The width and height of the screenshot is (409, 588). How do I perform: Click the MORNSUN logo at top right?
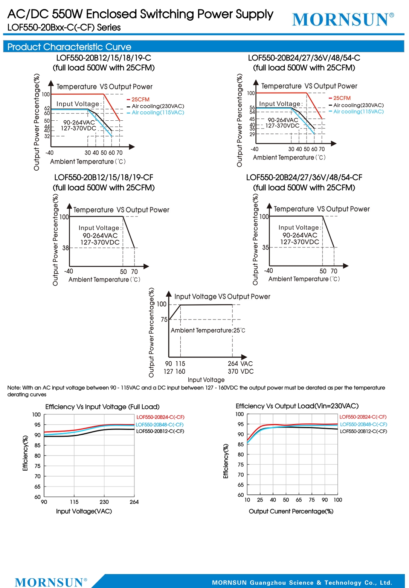(343, 20)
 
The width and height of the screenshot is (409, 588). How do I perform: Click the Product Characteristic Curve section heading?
(69, 47)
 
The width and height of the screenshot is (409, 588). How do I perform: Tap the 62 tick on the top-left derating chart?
(47, 108)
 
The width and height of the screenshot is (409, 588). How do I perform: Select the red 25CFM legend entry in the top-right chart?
(340, 98)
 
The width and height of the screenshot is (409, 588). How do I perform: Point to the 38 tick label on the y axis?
(65, 248)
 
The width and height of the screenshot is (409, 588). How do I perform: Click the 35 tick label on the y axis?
(266, 247)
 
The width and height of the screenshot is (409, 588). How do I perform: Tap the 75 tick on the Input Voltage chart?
(164, 320)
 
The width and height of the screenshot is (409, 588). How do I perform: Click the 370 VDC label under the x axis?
(241, 371)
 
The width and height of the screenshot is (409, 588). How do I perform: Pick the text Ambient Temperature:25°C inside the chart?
(208, 330)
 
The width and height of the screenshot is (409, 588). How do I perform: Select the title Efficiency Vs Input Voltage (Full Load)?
(102, 407)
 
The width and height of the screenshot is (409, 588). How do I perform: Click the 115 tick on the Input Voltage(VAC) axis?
(74, 502)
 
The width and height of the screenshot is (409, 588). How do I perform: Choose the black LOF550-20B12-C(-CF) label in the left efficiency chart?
(160, 431)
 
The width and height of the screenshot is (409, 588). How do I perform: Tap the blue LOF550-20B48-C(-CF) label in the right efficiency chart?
(363, 424)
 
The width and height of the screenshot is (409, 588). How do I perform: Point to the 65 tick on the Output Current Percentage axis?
(299, 500)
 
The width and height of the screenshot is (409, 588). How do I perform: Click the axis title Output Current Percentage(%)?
(291, 511)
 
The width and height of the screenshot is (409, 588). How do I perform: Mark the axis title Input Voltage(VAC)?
(84, 511)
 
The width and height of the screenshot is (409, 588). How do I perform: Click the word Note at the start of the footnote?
(14, 388)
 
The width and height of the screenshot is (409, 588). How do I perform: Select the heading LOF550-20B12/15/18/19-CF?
(104, 177)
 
